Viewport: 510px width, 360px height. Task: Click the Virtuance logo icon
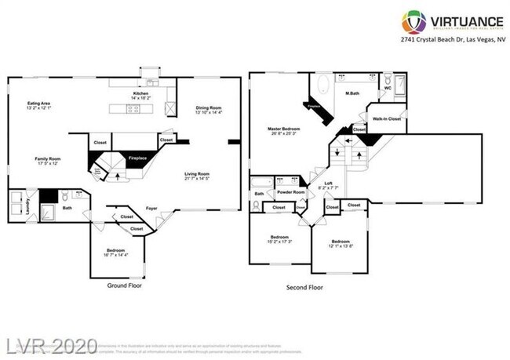coord(414,21)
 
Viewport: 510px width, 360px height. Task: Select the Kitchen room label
coord(140,93)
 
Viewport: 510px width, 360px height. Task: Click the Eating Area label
coord(40,104)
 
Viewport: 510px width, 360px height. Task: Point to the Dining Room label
coord(209,108)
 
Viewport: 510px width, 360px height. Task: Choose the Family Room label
coord(48,159)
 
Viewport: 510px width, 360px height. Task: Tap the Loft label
coord(329,183)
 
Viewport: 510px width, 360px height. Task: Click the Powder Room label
coord(290,192)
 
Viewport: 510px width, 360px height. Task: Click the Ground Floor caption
coord(123,286)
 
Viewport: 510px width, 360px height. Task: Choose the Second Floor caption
coord(304,287)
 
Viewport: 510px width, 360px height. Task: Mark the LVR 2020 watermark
coord(52,345)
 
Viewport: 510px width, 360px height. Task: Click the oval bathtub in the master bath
coord(325,84)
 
